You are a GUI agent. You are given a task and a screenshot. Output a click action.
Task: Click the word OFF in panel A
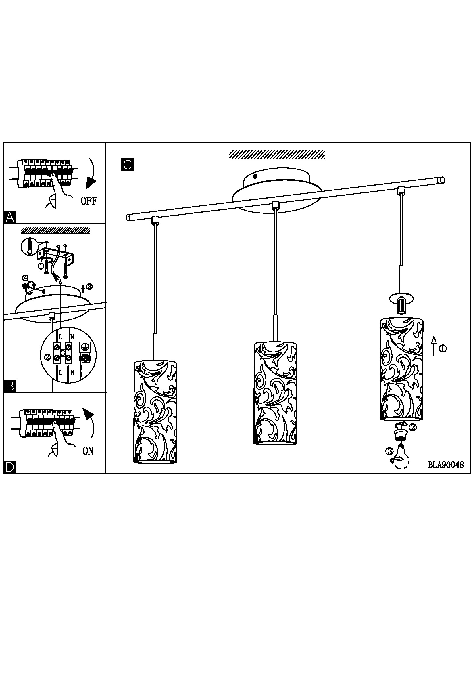pyautogui.click(x=89, y=201)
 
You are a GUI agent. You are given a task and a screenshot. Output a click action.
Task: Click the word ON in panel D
pyautogui.click(x=88, y=451)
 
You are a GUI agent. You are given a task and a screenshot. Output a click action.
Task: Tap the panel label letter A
pyautogui.click(x=10, y=218)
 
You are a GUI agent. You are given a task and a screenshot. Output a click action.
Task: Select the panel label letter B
pyautogui.click(x=10, y=386)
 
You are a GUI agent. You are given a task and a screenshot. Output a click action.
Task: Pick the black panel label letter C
pyautogui.click(x=127, y=165)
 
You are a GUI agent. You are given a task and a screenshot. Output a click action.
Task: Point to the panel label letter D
pyautogui.click(x=10, y=467)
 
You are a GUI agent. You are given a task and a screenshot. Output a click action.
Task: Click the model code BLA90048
pyautogui.click(x=446, y=465)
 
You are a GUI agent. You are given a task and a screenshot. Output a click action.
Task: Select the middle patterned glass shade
pyautogui.click(x=275, y=393)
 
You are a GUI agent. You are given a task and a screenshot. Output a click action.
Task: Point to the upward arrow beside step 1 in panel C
pyautogui.click(x=434, y=346)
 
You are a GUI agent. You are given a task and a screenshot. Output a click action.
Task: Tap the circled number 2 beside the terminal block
pyautogui.click(x=47, y=357)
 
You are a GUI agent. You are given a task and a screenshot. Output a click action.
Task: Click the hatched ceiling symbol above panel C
pyautogui.click(x=277, y=155)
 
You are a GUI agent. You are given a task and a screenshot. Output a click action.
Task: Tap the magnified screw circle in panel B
pyautogui.click(x=29, y=247)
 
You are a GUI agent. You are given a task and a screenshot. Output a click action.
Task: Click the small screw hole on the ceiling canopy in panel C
pyautogui.click(x=256, y=176)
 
